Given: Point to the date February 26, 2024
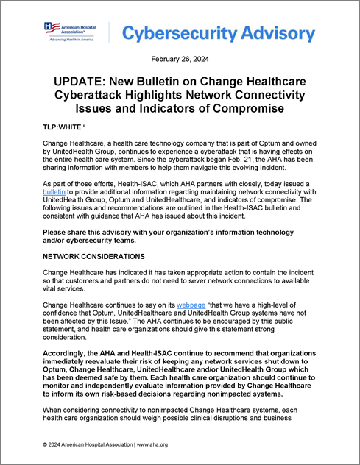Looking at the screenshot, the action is point(180,59).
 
